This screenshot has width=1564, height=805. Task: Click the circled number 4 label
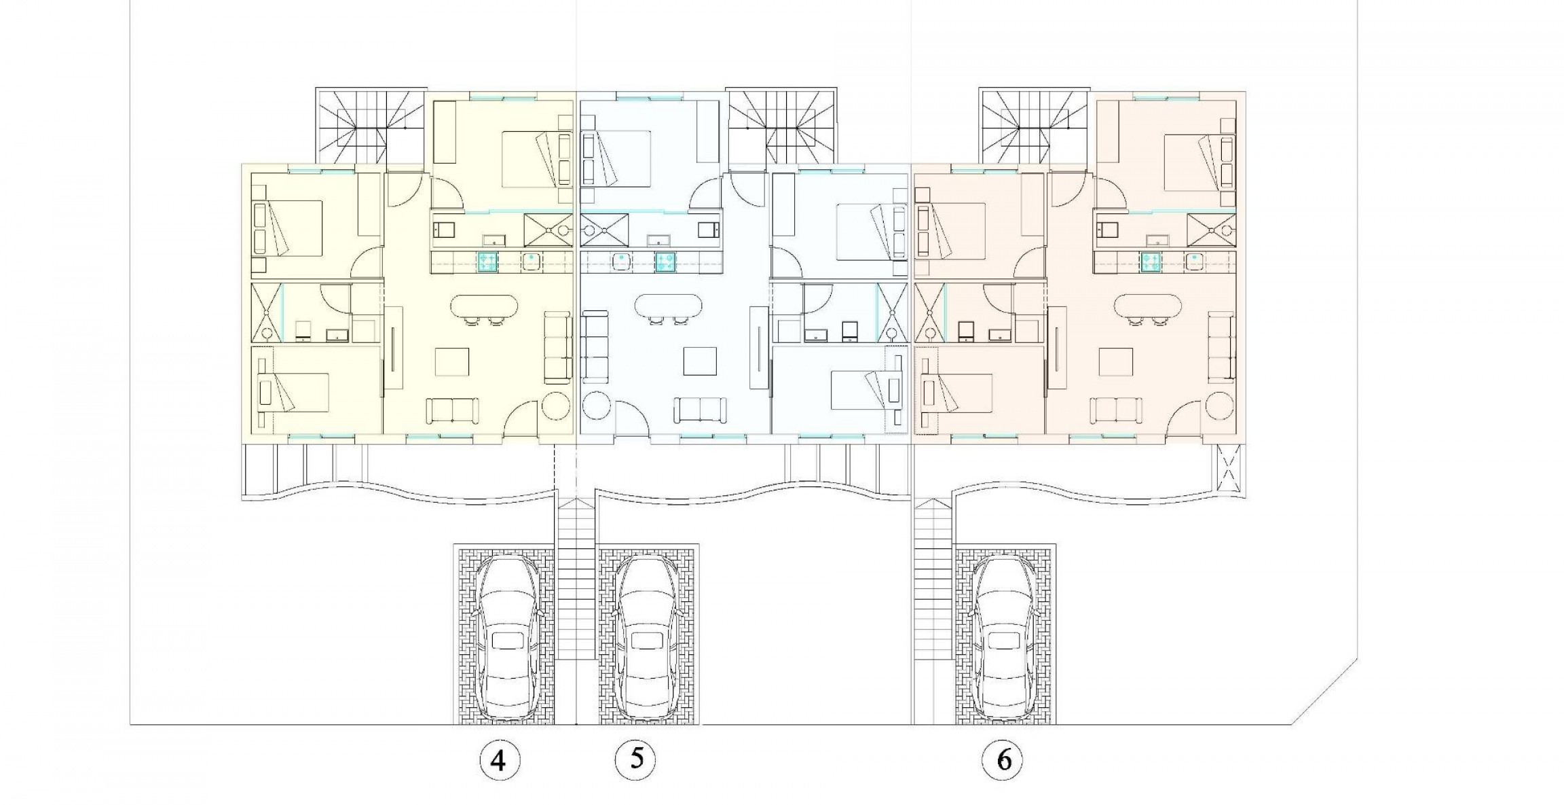(x=498, y=760)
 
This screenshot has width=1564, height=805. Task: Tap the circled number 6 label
(x=1003, y=760)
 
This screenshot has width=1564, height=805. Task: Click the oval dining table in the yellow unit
(x=485, y=306)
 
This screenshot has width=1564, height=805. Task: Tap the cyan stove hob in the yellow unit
(x=486, y=262)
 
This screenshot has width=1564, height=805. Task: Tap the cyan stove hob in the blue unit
(x=665, y=262)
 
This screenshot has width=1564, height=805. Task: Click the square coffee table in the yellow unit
(x=453, y=361)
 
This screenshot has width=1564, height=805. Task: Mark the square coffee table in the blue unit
(x=700, y=361)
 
